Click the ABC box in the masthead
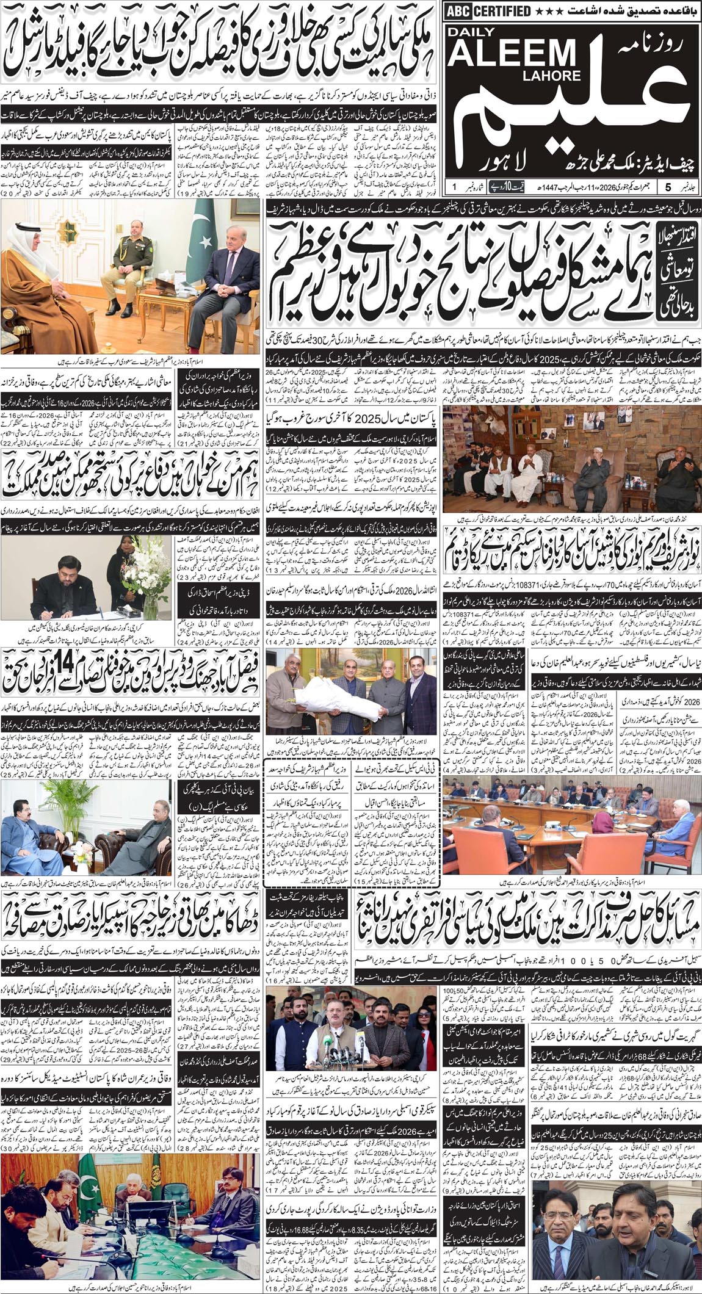pyautogui.click(x=460, y=11)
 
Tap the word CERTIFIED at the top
pyautogui.click(x=502, y=11)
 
